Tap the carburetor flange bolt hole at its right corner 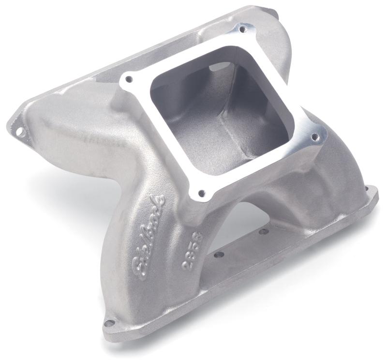click(x=315, y=137)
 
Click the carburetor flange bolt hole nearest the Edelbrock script click(x=201, y=194)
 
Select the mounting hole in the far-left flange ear click(x=19, y=131)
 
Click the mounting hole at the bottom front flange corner click(x=109, y=323)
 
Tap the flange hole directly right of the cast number click(x=219, y=254)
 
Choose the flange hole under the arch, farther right click(x=264, y=231)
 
